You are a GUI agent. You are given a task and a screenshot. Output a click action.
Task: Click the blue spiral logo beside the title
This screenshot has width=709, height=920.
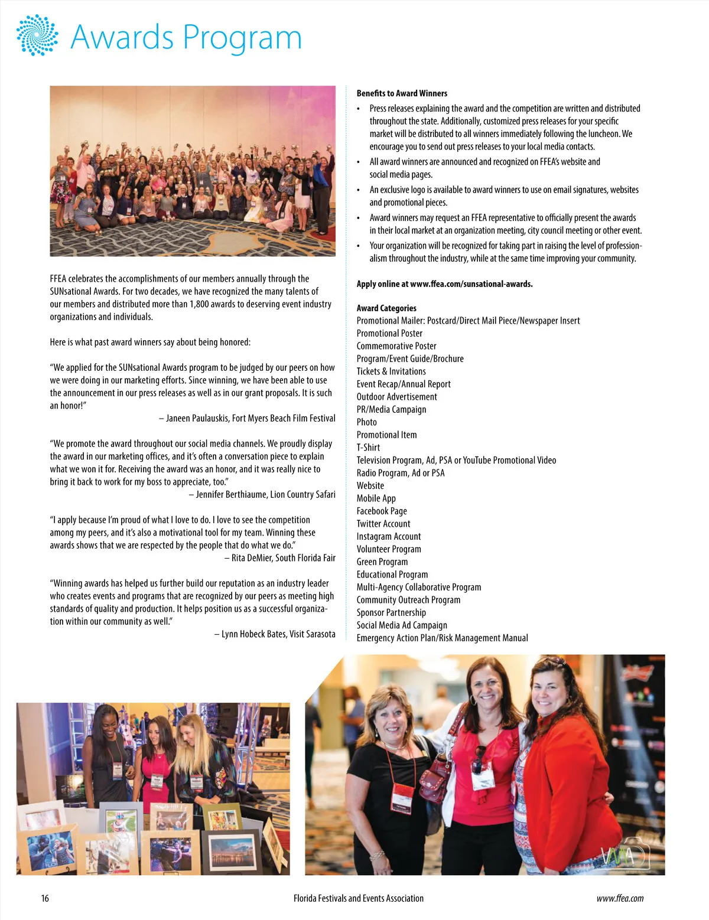(x=37, y=35)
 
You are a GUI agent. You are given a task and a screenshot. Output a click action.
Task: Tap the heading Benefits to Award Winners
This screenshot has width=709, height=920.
(x=402, y=93)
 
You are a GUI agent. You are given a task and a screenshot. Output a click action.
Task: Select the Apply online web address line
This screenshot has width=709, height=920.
(x=444, y=284)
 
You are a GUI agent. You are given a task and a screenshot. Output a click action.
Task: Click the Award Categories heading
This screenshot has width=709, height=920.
(x=386, y=308)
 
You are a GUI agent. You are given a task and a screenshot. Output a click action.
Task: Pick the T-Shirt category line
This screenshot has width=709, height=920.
(x=368, y=448)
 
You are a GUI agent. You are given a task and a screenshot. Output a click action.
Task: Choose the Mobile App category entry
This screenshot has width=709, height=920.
(x=376, y=498)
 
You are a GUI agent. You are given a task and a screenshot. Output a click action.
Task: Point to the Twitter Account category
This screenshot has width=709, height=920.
(x=383, y=524)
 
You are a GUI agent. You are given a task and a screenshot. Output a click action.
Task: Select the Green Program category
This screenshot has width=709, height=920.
(x=382, y=562)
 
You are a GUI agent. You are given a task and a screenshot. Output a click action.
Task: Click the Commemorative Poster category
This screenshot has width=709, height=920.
(x=396, y=346)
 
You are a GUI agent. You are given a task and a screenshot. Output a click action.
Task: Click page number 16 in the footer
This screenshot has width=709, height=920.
(x=45, y=899)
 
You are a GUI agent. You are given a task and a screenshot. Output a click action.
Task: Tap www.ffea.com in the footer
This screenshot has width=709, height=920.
(x=620, y=899)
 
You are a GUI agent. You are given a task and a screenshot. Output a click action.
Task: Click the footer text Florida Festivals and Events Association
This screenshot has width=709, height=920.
(x=358, y=899)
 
